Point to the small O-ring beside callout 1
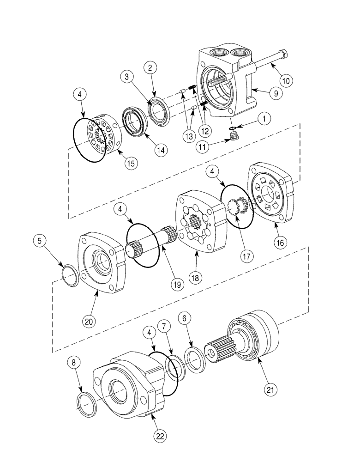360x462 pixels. (x=233, y=128)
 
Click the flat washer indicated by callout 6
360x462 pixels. (x=198, y=358)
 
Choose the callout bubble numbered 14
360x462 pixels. (x=149, y=150)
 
